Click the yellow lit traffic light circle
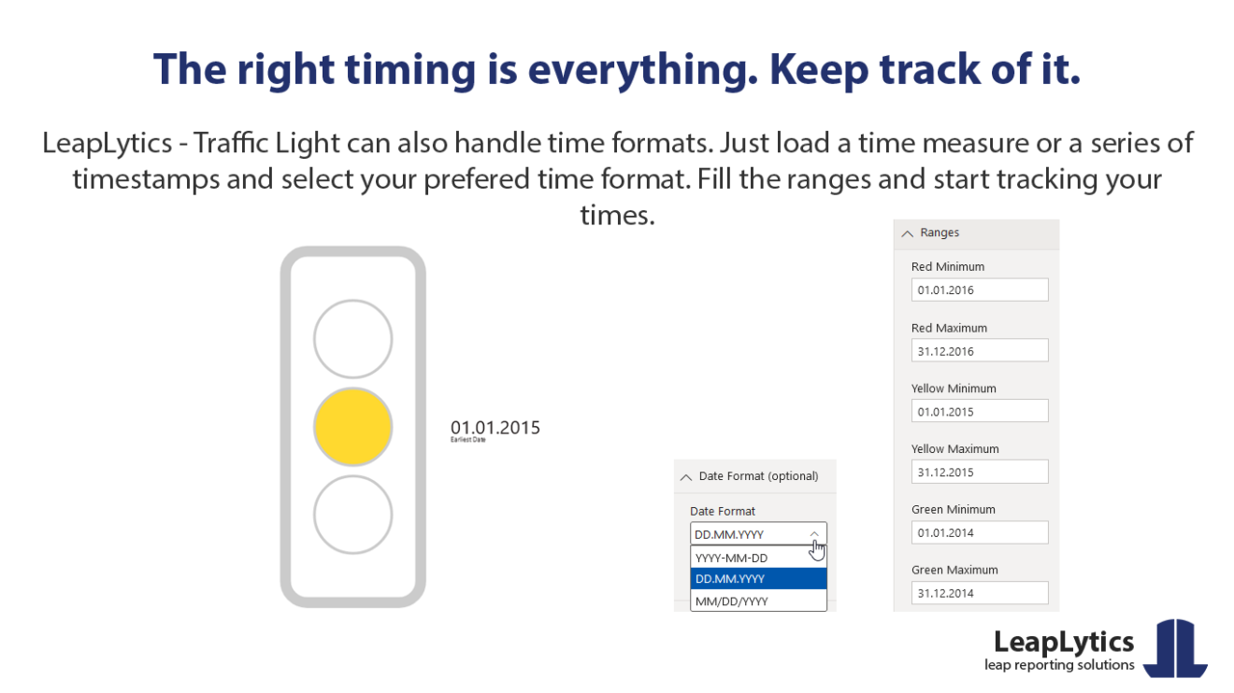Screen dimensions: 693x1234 [x=352, y=428]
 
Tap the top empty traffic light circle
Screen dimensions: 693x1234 [x=352, y=339]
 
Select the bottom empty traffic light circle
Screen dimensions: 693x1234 [x=352, y=515]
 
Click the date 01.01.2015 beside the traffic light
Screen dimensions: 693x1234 [x=495, y=428]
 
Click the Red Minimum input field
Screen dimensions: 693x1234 [x=979, y=290]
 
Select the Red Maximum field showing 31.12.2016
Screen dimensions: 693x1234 [x=979, y=350]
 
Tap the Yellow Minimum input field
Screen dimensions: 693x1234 [x=979, y=411]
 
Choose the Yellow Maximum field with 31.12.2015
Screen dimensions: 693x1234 [x=979, y=472]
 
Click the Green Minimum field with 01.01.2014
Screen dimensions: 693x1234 [x=979, y=532]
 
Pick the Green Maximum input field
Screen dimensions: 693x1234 [x=979, y=593]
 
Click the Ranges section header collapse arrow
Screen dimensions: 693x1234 [x=907, y=233]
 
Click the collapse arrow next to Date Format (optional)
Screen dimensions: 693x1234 [x=686, y=476]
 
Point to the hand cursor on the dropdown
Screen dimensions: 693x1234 [x=817, y=549]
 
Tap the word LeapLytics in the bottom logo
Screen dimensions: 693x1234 [x=1063, y=642]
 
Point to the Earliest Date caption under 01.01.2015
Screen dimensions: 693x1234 [x=467, y=440]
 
